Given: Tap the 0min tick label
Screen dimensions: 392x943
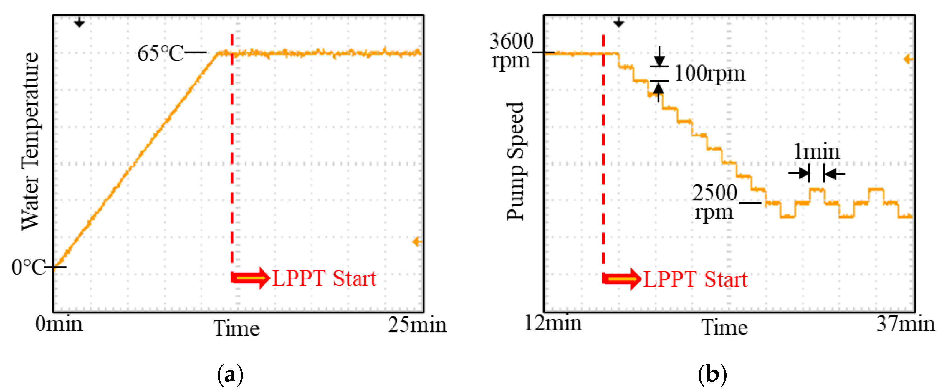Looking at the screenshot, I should (59, 324).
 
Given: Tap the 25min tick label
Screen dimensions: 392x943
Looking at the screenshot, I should (417, 324).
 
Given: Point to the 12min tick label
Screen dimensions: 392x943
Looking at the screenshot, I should (553, 323).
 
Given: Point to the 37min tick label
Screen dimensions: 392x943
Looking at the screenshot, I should (905, 324).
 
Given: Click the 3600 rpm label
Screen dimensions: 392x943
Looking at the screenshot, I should (511, 51).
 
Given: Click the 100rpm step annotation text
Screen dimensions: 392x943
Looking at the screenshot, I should (710, 73).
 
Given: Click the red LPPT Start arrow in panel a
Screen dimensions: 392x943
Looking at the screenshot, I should (251, 278).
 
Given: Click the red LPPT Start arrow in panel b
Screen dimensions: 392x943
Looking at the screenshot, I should (622, 279).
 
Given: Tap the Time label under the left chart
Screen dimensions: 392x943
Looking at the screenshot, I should (236, 328).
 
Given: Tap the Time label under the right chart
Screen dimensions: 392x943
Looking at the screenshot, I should (724, 327).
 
